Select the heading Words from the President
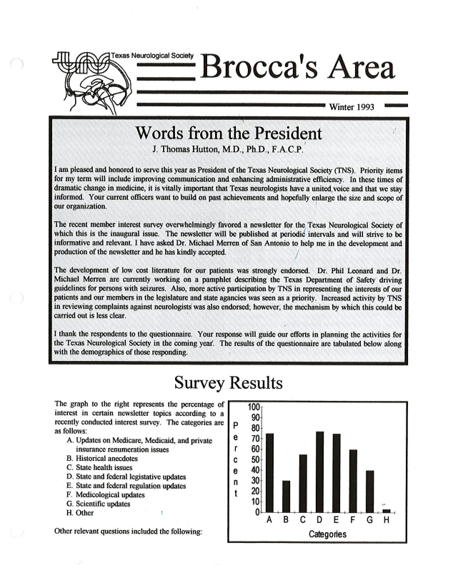click(x=227, y=133)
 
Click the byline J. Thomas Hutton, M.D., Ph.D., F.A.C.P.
click(x=228, y=151)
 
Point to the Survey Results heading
click(x=226, y=383)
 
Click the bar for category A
click(x=270, y=472)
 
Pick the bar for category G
click(x=369, y=491)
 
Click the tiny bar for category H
click(x=387, y=511)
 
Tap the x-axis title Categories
click(x=328, y=534)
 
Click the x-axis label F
click(x=353, y=521)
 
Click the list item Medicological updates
click(x=105, y=494)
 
